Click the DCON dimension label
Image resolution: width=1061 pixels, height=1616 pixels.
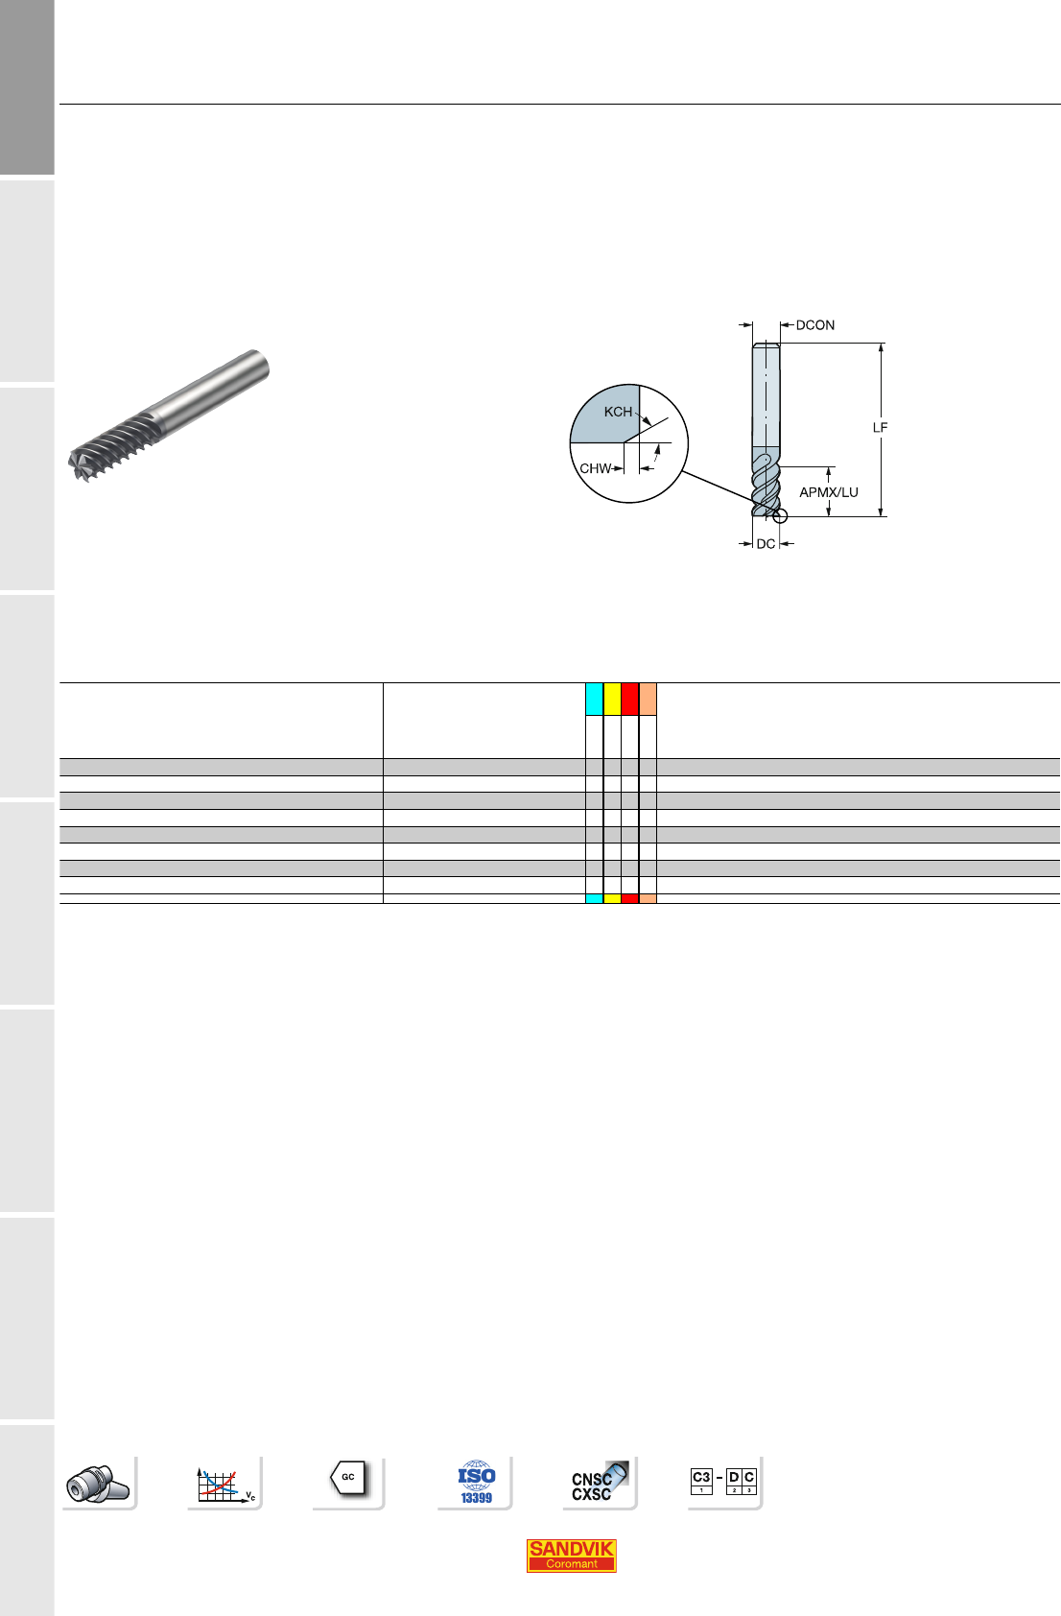(815, 325)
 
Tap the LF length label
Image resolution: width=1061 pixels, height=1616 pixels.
(880, 428)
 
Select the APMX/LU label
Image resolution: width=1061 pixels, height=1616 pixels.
(829, 492)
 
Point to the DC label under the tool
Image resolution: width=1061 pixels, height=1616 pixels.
(766, 544)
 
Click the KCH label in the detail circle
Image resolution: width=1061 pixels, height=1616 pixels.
(618, 412)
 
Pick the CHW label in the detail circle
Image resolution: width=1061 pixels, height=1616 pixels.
(595, 469)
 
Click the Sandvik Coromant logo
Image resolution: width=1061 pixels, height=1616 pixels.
(571, 1556)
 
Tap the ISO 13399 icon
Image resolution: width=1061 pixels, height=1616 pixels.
(476, 1483)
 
